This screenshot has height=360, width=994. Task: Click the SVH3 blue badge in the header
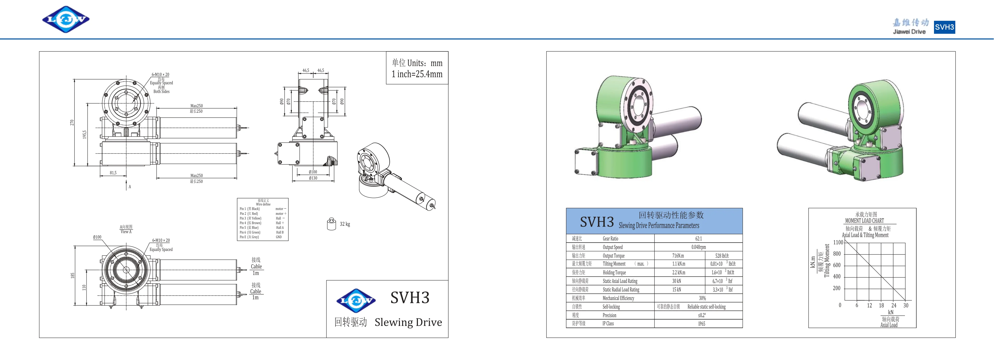click(x=944, y=27)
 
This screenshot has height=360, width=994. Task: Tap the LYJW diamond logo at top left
click(x=66, y=19)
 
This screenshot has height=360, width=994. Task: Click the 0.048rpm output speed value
click(x=698, y=247)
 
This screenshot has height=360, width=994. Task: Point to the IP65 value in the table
click(x=702, y=324)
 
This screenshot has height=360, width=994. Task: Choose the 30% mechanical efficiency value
click(x=702, y=298)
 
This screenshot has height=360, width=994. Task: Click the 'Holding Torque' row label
click(x=614, y=272)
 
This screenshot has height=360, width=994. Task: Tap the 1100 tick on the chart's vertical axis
click(x=838, y=243)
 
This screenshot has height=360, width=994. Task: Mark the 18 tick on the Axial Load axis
click(x=881, y=305)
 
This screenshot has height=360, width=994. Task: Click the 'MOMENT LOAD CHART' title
click(x=864, y=221)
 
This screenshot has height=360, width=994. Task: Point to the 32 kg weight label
click(x=345, y=224)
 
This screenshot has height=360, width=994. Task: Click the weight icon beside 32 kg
click(x=331, y=224)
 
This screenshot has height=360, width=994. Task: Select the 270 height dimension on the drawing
click(x=72, y=122)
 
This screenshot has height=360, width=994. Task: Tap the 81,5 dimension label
click(x=113, y=173)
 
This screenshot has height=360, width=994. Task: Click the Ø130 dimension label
click(x=313, y=178)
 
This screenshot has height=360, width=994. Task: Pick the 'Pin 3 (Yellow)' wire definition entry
click(x=250, y=218)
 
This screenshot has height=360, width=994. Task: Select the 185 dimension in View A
click(x=72, y=276)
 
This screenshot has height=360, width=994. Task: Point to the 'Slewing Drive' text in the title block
click(x=408, y=322)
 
